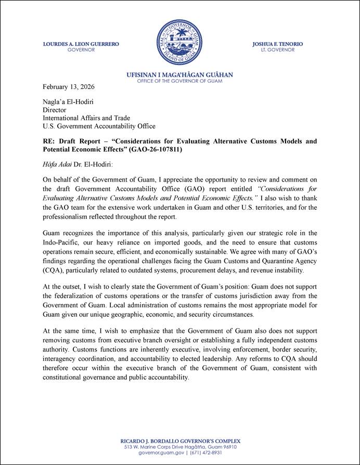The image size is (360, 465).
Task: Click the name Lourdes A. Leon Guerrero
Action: [x=81, y=44]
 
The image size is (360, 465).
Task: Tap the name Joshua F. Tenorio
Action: [x=277, y=44]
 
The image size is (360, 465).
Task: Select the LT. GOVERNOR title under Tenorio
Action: [x=277, y=50]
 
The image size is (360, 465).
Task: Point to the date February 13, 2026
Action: [x=68, y=86]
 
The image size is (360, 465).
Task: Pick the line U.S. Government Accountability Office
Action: [x=99, y=126]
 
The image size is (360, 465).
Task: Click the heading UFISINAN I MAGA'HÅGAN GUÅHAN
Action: [x=179, y=75]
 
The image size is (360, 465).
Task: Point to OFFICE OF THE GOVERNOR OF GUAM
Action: [x=179, y=81]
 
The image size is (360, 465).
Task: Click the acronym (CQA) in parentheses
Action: [x=53, y=270]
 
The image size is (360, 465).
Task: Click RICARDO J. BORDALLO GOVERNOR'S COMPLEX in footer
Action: [x=180, y=441]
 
